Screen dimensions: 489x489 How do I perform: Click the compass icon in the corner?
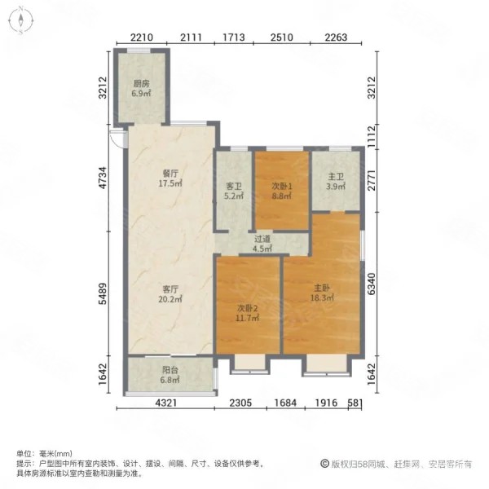coord(20,20)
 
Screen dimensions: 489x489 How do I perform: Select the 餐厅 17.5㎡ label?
coord(170,178)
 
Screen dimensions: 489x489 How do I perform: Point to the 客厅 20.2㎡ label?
coord(170,294)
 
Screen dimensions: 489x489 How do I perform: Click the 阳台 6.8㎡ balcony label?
coord(170,375)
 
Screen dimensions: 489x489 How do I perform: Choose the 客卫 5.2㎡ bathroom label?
coord(234,192)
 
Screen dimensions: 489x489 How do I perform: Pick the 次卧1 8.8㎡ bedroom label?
coord(282,192)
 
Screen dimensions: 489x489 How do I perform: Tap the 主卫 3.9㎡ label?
coord(336,182)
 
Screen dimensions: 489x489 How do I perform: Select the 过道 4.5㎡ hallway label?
coord(262,244)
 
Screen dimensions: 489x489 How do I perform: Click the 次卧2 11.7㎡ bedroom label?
coord(247,314)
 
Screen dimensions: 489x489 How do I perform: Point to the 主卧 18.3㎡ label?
coord(322,293)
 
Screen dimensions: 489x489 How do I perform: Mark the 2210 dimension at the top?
coord(142,37)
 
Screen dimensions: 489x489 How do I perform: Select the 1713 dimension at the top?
coord(234,37)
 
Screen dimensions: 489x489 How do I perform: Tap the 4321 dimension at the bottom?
coord(166,403)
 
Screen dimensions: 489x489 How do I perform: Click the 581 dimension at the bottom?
coord(355,403)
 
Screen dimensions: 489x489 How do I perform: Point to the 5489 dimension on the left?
coord(103,293)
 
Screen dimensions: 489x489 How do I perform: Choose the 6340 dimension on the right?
coord(371,284)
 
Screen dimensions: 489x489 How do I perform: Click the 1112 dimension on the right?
coord(371,136)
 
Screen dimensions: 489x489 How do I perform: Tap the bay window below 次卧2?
coord(249,364)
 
